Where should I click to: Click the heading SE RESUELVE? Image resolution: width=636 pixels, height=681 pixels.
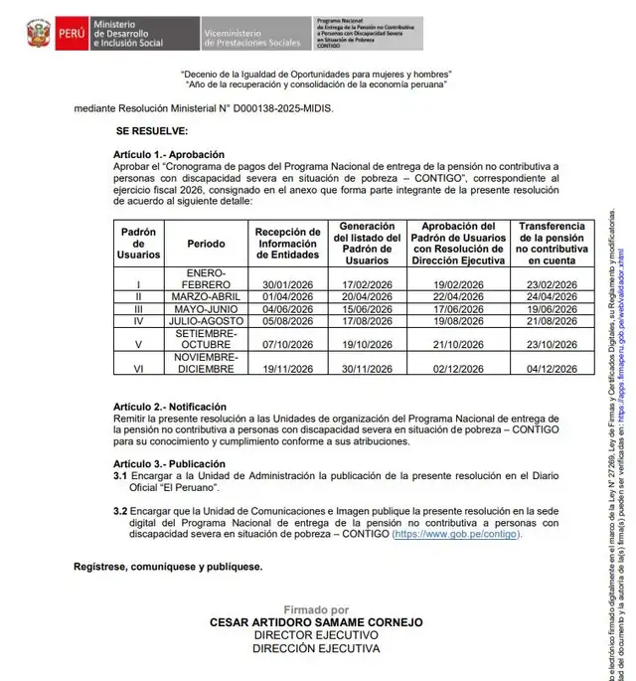tap(151, 130)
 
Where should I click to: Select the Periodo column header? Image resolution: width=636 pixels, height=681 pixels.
tap(206, 243)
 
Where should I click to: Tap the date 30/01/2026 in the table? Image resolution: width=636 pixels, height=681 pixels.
tap(287, 283)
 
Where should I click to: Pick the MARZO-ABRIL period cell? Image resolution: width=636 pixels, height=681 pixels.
tap(206, 296)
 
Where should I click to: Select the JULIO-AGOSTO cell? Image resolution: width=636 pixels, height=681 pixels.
tap(206, 321)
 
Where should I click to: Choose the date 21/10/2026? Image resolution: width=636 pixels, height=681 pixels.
tap(458, 344)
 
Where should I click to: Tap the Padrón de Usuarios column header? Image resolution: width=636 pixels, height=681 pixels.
tap(138, 243)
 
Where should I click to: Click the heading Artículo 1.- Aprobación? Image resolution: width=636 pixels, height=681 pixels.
tap(168, 154)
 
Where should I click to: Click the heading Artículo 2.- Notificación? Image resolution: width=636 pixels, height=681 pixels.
tap(170, 407)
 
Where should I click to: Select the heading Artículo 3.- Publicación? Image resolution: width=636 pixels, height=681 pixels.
tap(169, 463)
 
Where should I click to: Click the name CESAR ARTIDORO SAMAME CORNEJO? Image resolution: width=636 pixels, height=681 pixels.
tap(316, 623)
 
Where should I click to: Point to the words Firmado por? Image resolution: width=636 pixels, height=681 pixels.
tap(316, 609)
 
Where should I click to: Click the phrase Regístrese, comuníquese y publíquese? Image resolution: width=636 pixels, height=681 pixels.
tap(168, 567)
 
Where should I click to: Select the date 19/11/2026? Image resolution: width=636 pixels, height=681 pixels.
tap(287, 369)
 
